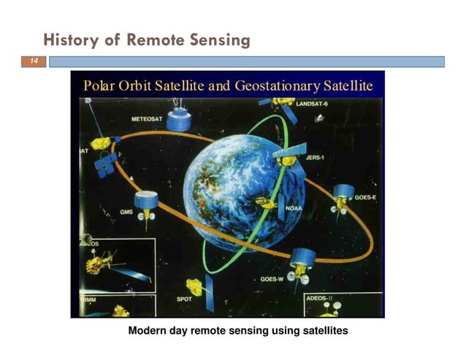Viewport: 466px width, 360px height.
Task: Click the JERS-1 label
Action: tap(315, 156)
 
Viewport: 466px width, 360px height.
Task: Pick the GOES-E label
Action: tap(365, 198)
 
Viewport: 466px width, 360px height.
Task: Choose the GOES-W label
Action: tap(273, 279)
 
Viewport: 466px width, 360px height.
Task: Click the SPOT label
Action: tap(186, 299)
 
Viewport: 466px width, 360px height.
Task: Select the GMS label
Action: tap(126, 212)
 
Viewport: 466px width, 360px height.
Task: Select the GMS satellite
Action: tap(146, 200)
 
